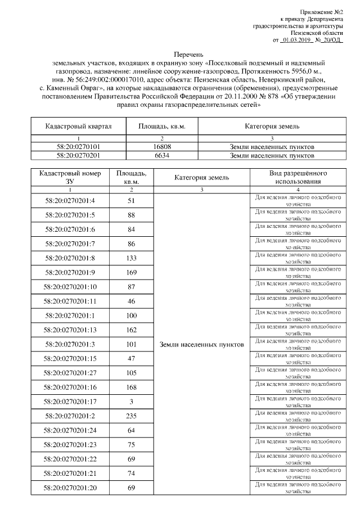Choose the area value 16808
point(161,147)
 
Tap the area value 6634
point(161,156)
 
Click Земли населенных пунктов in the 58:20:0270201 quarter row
point(272,156)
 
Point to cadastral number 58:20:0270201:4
point(70,200)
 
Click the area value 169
point(132,272)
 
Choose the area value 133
point(132,258)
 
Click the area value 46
point(132,301)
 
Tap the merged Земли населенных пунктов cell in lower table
point(201,344)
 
